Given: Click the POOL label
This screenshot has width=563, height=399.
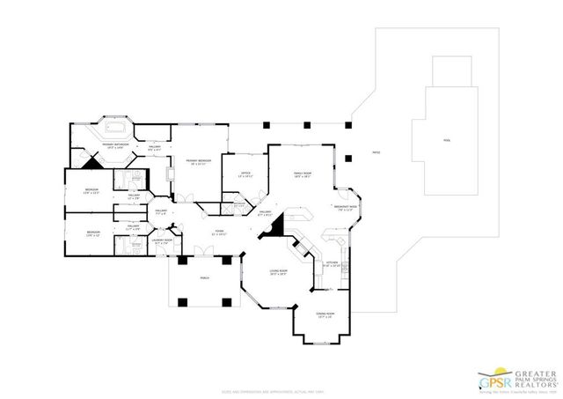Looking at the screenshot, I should [x=446, y=140].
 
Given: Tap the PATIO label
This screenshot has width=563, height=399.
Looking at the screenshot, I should [x=376, y=153].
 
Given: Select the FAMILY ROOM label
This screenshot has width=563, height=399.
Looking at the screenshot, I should [x=303, y=175].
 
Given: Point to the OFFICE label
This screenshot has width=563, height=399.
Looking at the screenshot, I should [x=245, y=174].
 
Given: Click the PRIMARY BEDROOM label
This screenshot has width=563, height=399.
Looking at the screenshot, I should [x=197, y=161].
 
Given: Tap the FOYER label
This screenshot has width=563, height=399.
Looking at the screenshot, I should [x=198, y=233].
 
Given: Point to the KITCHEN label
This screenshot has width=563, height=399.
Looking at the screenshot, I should [x=332, y=264].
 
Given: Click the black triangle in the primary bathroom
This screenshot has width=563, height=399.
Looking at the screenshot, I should [x=89, y=162].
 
